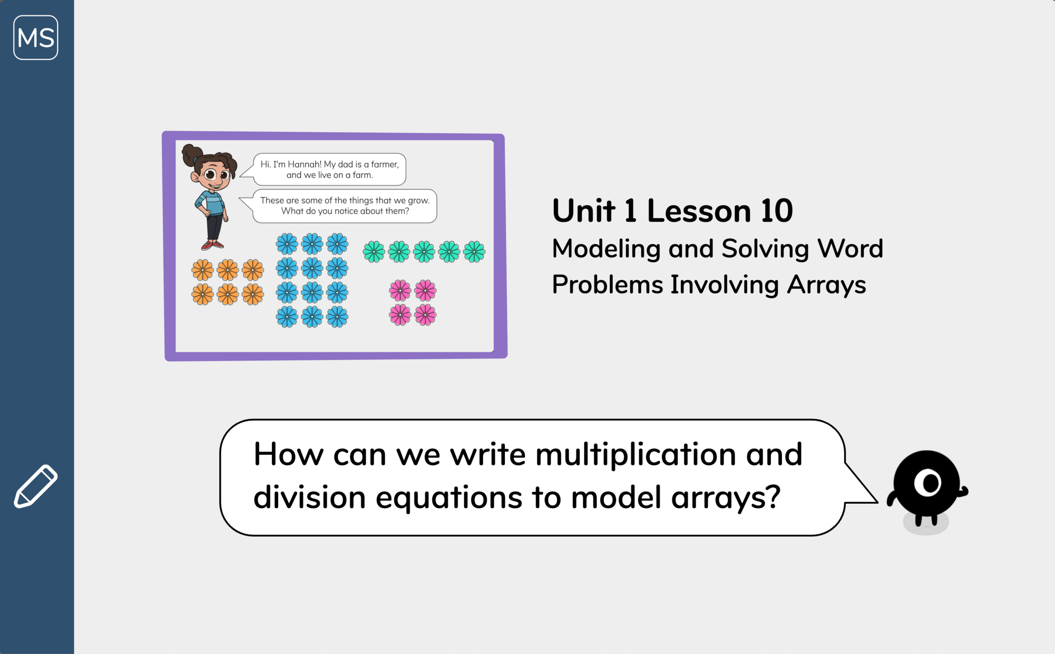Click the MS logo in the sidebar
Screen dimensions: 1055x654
pyautogui.click(x=36, y=37)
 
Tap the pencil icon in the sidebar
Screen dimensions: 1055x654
pyautogui.click(x=36, y=486)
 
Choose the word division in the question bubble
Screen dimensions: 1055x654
pyautogui.click(x=309, y=497)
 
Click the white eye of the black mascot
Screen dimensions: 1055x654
pyautogui.click(x=928, y=483)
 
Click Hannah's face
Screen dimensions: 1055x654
pyautogui.click(x=213, y=174)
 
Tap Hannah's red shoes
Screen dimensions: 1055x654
pyautogui.click(x=212, y=246)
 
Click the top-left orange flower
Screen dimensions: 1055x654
pyautogui.click(x=203, y=270)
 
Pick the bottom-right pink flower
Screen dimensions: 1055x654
pyautogui.click(x=425, y=315)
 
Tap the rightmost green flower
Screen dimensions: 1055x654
pyautogui.click(x=474, y=252)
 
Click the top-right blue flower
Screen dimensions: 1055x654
pyautogui.click(x=337, y=244)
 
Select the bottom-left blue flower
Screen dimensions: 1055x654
pyautogui.click(x=287, y=317)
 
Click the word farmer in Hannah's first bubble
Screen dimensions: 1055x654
pyautogui.click(x=385, y=164)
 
